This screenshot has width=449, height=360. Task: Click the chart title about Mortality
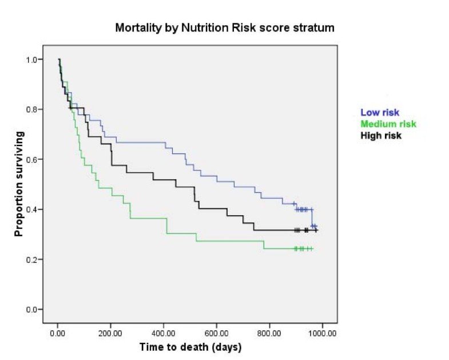point(224,27)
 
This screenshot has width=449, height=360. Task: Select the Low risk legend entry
point(380,113)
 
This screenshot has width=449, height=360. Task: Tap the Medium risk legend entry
point(388,124)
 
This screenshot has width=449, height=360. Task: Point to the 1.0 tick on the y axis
point(35,60)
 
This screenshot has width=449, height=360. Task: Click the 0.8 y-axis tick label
point(35,109)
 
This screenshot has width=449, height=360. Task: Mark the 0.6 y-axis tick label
point(35,160)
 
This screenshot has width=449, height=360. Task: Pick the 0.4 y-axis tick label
point(35,209)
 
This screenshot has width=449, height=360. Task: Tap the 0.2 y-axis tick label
point(35,260)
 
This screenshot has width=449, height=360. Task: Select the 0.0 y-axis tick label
point(35,310)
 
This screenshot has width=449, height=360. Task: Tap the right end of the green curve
point(313,249)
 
